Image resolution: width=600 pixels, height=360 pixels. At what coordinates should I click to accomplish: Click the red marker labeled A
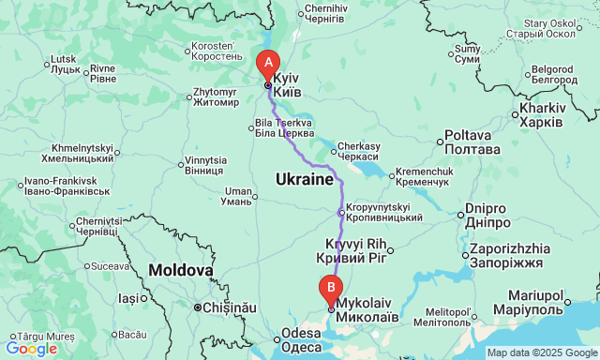pyautogui.click(x=268, y=64)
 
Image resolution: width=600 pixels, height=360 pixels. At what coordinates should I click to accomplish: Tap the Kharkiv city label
pyautogui.click(x=540, y=115)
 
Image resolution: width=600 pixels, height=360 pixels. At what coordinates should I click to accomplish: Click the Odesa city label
pyautogui.click(x=302, y=340)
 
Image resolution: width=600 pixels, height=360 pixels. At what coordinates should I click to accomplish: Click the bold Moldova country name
pyautogui.click(x=180, y=270)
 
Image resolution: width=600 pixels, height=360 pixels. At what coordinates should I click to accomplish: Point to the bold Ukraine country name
pyautogui.click(x=304, y=178)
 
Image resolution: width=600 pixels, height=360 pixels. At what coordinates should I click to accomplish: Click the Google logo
pyautogui.click(x=31, y=349)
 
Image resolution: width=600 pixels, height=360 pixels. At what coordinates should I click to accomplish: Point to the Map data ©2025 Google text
pyautogui.click(x=541, y=352)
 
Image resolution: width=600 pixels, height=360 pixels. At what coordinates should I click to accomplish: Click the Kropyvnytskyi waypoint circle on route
pyautogui.click(x=340, y=213)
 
